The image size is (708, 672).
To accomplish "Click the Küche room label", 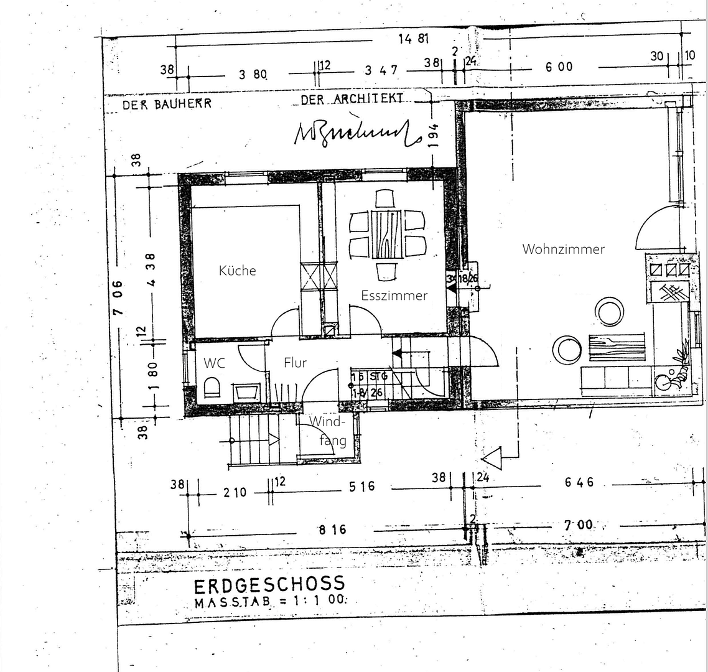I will pos(237,271).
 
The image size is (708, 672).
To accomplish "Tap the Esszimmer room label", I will pos(394,296).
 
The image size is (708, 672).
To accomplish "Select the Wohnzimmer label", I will pos(563,250).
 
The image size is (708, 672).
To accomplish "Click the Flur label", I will pos(295,363).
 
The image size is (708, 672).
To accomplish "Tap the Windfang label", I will pos(328,431).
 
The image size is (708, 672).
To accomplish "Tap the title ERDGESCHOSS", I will pos(269,586).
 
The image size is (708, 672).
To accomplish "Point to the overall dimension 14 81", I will pos(414,39).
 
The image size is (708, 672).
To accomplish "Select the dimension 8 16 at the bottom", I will pos(332,530).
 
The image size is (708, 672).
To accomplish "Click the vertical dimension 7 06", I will pos(118,297).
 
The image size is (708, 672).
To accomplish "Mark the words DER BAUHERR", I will pos(167,105).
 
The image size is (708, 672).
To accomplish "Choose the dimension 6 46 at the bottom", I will pos(579,482).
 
